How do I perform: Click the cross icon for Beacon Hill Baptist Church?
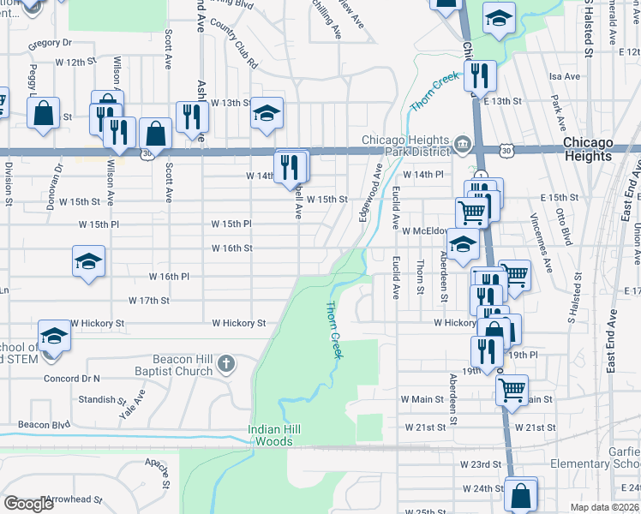tap(226, 364)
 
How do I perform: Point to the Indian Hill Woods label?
tap(282, 435)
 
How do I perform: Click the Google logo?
tap(29, 504)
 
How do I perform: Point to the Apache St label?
tap(160, 465)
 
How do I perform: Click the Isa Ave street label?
tap(565, 76)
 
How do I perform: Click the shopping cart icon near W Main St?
tap(512, 389)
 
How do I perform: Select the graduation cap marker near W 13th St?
tap(267, 114)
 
